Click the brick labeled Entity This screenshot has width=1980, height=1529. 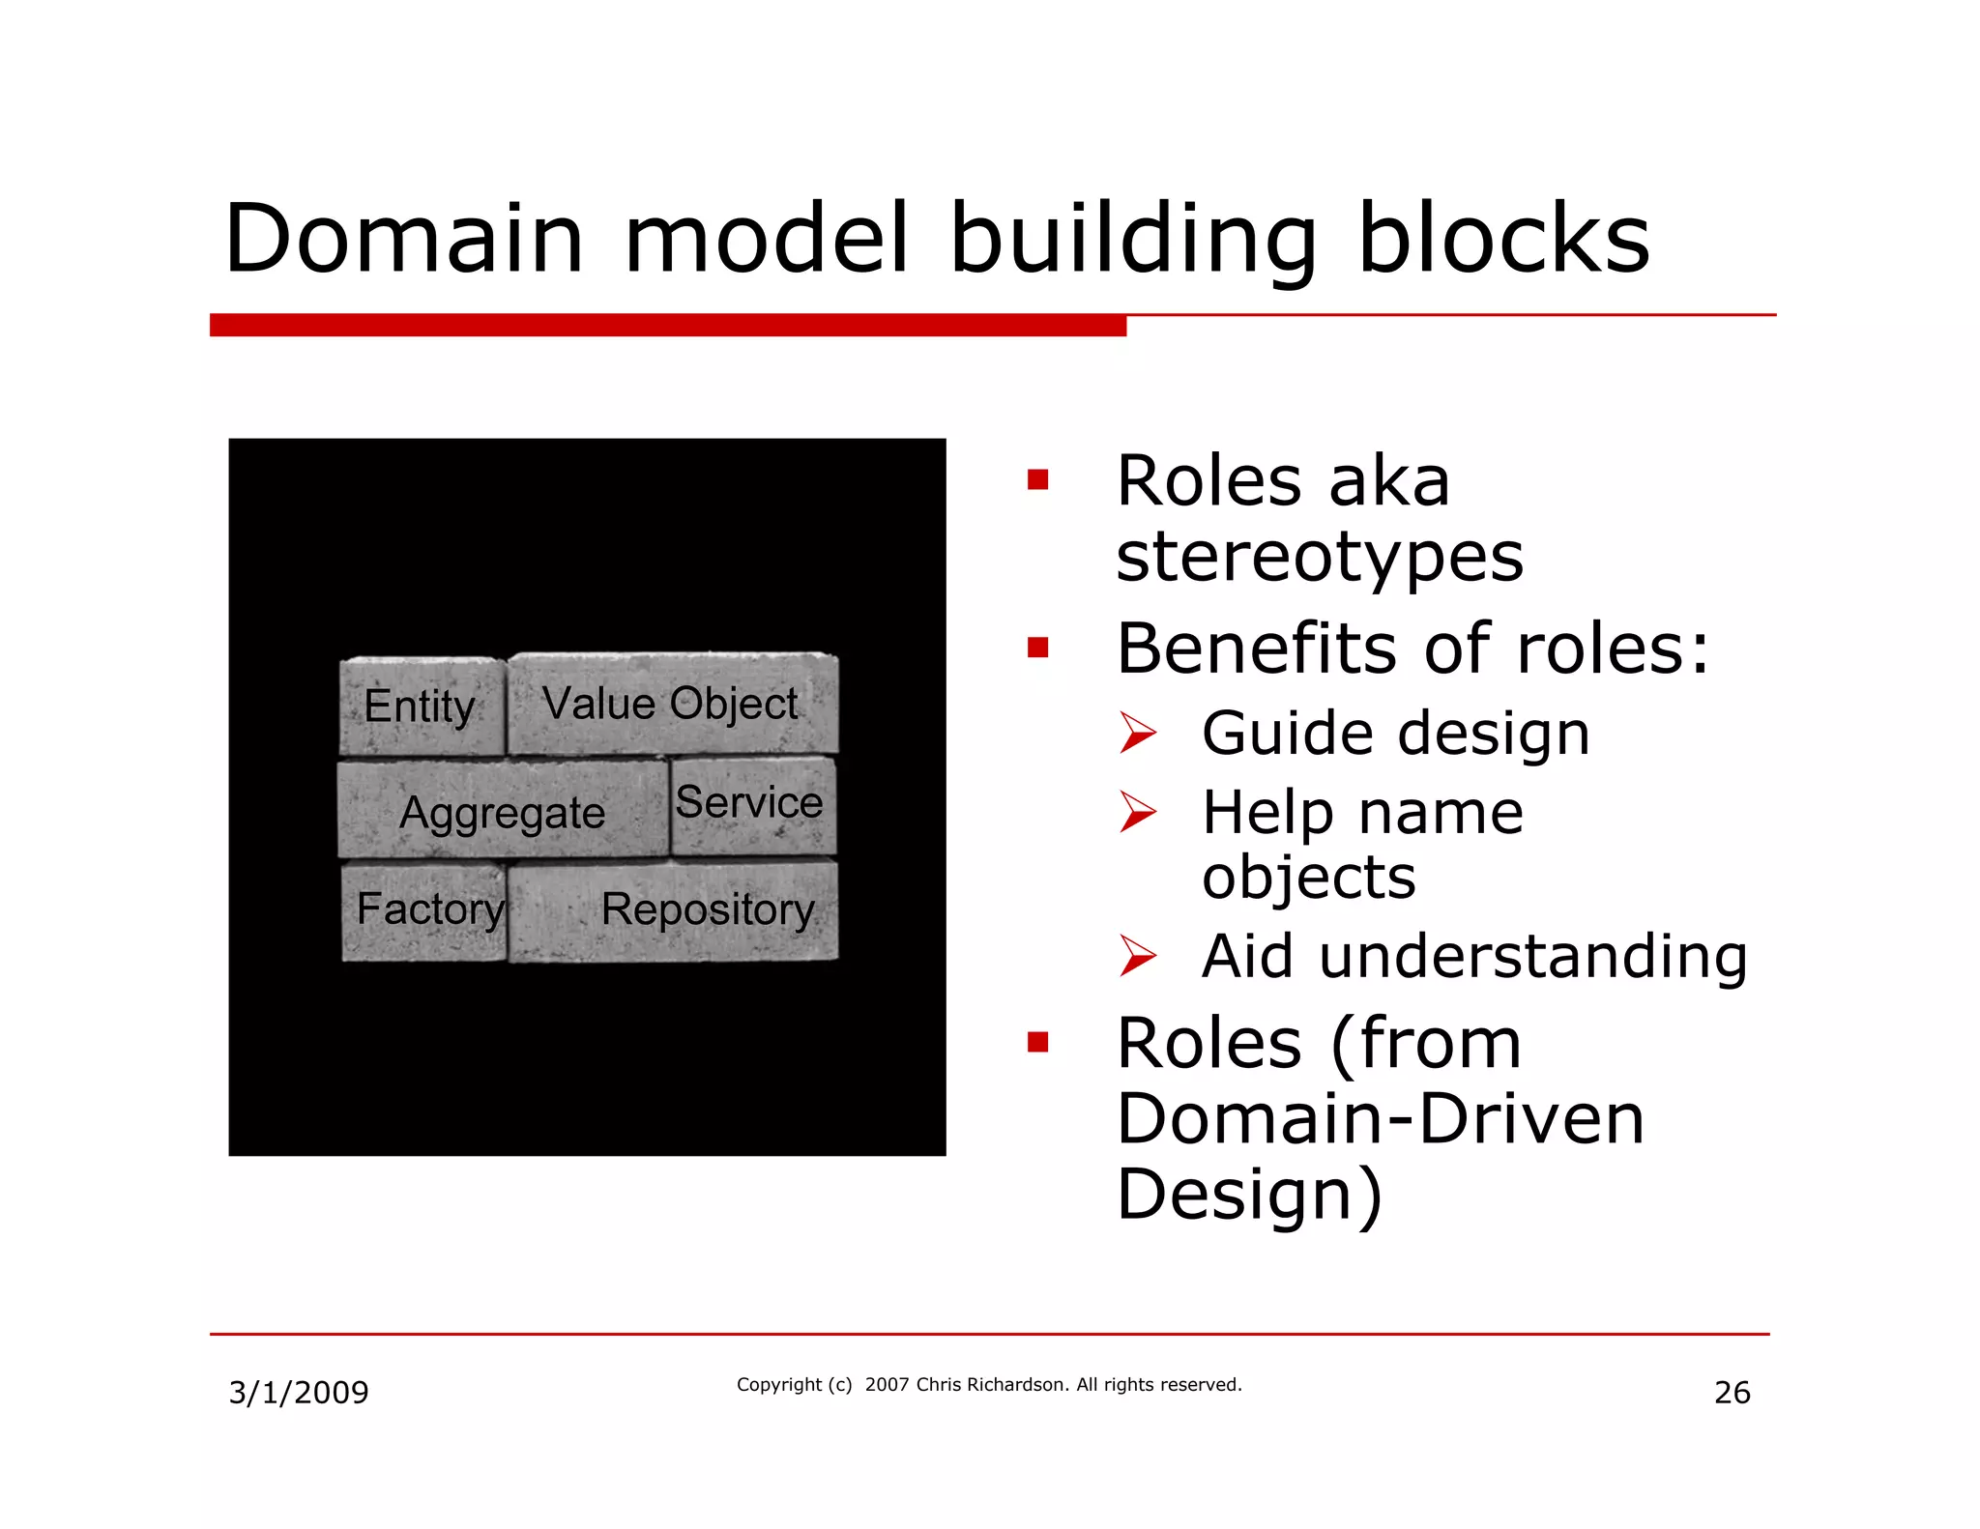(421, 706)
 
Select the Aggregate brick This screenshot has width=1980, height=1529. (502, 811)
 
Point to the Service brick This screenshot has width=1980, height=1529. (750, 803)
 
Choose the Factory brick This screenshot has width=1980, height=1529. (425, 910)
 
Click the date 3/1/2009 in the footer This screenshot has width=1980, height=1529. (299, 1392)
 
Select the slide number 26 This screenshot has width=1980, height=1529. (1732, 1392)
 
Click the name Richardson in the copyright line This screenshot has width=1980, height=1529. (1017, 1384)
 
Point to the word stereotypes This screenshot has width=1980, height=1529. (1320, 558)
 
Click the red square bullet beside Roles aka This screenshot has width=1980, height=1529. (1038, 479)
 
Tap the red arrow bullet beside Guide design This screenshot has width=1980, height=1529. (1137, 733)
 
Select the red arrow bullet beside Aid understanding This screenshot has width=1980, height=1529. (1137, 956)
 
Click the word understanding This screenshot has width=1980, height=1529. (1532, 957)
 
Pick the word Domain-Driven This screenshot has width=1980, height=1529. (1380, 1119)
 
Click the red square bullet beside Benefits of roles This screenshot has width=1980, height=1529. (1038, 647)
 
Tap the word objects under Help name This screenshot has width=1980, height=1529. (1308, 878)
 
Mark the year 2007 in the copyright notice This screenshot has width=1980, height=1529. (888, 1384)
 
